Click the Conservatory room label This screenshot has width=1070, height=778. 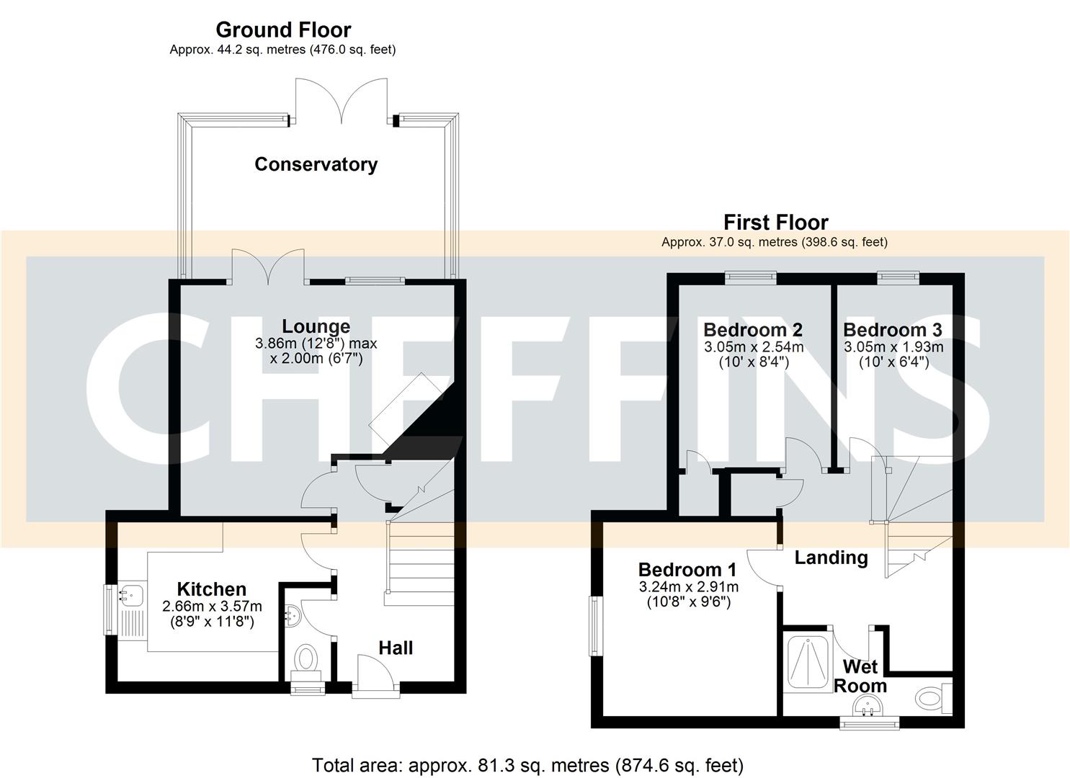click(316, 164)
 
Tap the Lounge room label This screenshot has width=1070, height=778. click(316, 326)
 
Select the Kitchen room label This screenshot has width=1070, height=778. click(212, 589)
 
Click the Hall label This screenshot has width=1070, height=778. click(396, 648)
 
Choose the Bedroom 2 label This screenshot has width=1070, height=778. click(753, 330)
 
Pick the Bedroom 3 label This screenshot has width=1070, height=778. click(892, 330)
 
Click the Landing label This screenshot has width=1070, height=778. click(831, 557)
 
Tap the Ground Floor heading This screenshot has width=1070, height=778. click(283, 30)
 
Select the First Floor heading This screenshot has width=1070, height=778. click(775, 222)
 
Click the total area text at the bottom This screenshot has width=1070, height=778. click(527, 764)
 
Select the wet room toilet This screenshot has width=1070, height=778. click(932, 697)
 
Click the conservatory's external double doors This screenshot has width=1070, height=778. click(343, 101)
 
